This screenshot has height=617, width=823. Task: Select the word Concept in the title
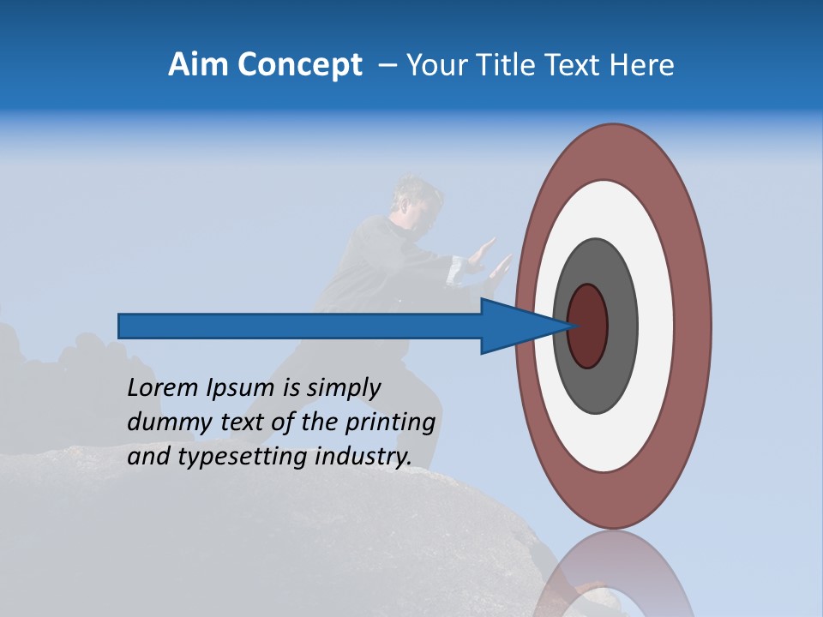tap(301, 64)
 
